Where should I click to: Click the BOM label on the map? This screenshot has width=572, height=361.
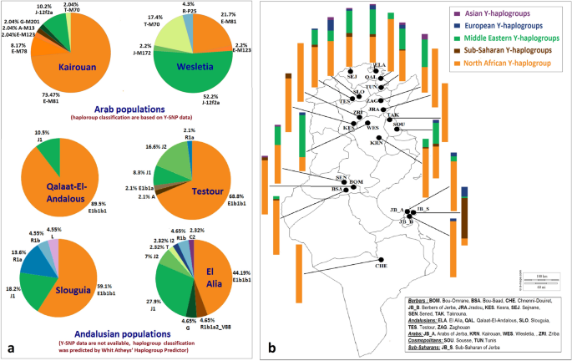click(357, 181)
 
